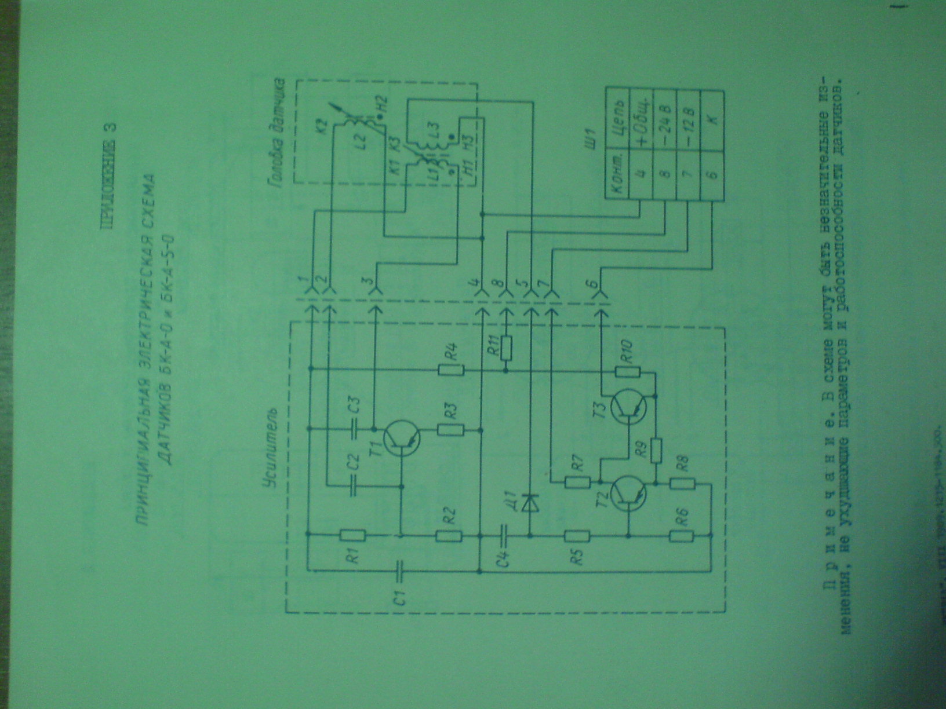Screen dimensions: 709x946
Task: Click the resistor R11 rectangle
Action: pos(507,347)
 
